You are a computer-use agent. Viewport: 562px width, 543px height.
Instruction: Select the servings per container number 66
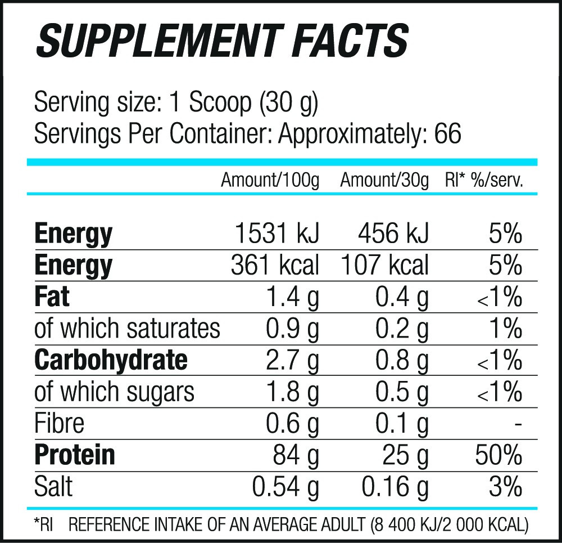447,134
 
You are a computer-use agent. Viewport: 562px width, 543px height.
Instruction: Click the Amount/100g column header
270,181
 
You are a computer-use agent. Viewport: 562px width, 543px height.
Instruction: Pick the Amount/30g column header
384,181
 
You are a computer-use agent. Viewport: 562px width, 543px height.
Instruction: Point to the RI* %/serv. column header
484,181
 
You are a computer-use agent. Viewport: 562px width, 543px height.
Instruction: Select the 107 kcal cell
385,265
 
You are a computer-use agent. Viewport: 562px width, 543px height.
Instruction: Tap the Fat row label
52,297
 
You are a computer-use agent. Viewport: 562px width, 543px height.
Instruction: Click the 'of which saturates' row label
127,329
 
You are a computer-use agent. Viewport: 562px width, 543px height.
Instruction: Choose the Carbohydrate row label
111,360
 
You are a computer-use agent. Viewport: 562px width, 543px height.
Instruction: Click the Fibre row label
59,423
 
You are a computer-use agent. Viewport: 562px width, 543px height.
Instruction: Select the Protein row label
75,455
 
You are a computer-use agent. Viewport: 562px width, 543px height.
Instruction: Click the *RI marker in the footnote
43,525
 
